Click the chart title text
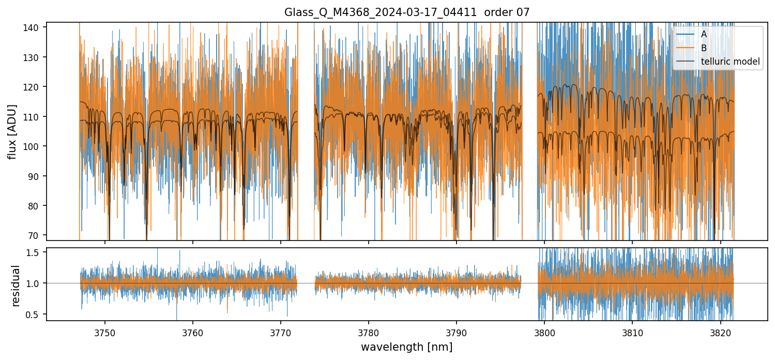(x=407, y=12)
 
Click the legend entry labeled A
(x=704, y=34)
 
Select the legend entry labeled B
(x=704, y=48)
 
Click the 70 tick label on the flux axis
(x=38, y=235)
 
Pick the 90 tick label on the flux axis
(x=38, y=176)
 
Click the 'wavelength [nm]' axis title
(x=407, y=347)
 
